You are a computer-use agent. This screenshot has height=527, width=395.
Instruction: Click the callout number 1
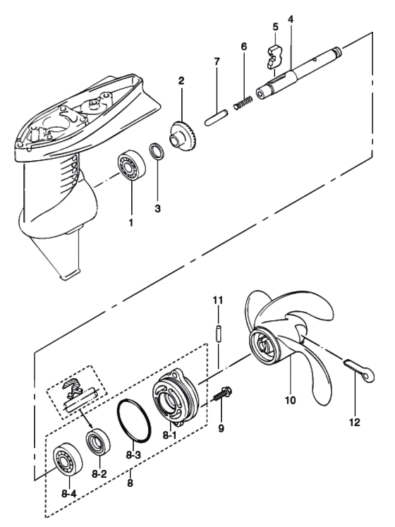(130, 222)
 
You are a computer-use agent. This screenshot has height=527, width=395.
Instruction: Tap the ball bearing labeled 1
(131, 165)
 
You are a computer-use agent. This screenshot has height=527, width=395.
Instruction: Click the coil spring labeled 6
(243, 102)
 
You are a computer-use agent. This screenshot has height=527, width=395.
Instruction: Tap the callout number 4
(291, 19)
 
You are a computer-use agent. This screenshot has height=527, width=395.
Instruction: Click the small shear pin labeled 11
(218, 334)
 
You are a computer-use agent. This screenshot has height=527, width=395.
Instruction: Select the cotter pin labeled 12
(359, 370)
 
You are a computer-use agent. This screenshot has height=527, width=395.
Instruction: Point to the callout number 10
(290, 400)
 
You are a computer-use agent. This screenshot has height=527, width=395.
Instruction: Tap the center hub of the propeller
(266, 347)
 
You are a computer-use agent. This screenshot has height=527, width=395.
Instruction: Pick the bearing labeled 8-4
(68, 459)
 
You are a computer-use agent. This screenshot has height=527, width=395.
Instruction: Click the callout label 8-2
(99, 474)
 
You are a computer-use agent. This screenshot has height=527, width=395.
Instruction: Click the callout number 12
(355, 422)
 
